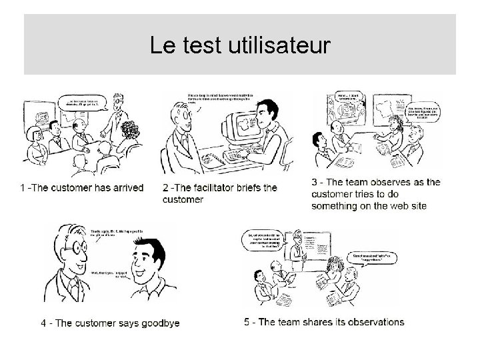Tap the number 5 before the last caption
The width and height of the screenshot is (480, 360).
click(247, 322)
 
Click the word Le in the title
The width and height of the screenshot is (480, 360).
click(162, 46)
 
